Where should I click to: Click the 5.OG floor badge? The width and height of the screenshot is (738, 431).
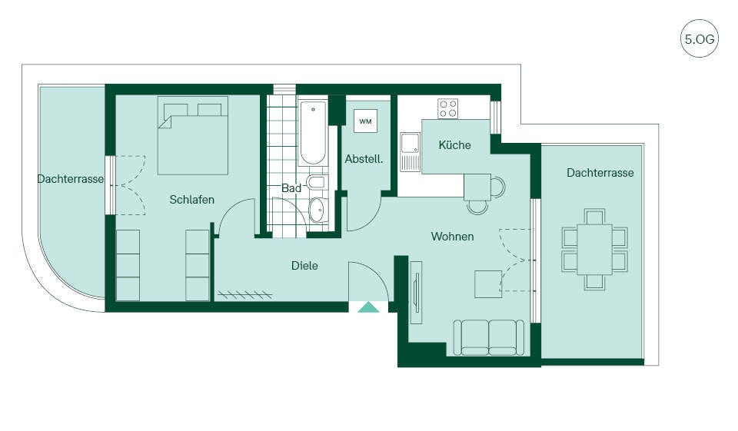pyautogui.click(x=699, y=38)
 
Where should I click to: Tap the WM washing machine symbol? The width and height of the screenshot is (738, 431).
pyautogui.click(x=366, y=121)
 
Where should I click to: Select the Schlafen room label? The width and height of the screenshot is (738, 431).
pyautogui.click(x=192, y=200)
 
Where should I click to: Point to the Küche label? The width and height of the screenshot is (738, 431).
pyautogui.click(x=454, y=145)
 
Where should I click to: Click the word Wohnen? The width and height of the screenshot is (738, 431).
pyautogui.click(x=452, y=236)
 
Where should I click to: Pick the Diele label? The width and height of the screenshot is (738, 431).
pyautogui.click(x=304, y=266)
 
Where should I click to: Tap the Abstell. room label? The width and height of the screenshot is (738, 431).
pyautogui.click(x=364, y=159)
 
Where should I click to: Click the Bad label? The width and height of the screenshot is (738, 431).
pyautogui.click(x=291, y=188)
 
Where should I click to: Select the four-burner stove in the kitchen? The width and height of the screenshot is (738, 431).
pyautogui.click(x=447, y=108)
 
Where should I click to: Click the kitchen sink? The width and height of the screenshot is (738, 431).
pyautogui.click(x=410, y=152)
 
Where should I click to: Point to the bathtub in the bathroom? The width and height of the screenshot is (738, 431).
pyautogui.click(x=313, y=133)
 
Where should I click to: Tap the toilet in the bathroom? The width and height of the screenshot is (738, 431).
pyautogui.click(x=316, y=182)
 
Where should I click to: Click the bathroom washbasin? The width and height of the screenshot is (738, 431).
pyautogui.click(x=317, y=210)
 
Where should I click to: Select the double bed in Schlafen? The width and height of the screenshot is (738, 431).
pyautogui.click(x=193, y=135)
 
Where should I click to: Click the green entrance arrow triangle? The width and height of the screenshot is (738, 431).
pyautogui.click(x=368, y=307)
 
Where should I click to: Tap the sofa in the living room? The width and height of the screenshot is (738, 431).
pyautogui.click(x=489, y=337)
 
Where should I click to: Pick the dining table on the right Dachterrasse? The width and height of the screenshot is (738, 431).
pyautogui.click(x=594, y=249)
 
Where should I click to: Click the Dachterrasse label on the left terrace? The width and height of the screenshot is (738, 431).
pyautogui.click(x=71, y=179)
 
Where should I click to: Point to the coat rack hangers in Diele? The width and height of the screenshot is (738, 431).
pyautogui.click(x=245, y=295)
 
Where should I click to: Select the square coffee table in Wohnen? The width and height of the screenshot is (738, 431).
pyautogui.click(x=488, y=283)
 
